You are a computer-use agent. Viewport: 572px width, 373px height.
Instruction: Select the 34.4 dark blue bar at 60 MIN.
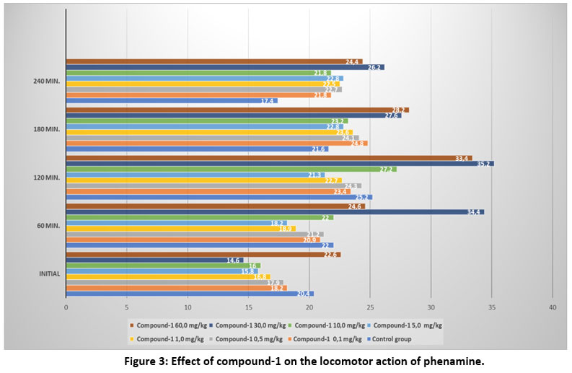coord(275,212)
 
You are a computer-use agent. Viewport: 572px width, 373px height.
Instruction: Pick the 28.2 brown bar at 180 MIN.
coord(237,110)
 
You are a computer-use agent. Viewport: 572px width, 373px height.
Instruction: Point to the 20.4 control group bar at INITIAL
coord(190,294)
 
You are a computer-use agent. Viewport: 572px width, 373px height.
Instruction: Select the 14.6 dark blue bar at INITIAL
coord(154,260)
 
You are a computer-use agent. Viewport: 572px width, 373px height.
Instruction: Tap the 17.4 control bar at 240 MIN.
coord(172,101)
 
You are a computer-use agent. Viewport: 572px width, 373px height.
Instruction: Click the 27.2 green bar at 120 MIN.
coord(231,169)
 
